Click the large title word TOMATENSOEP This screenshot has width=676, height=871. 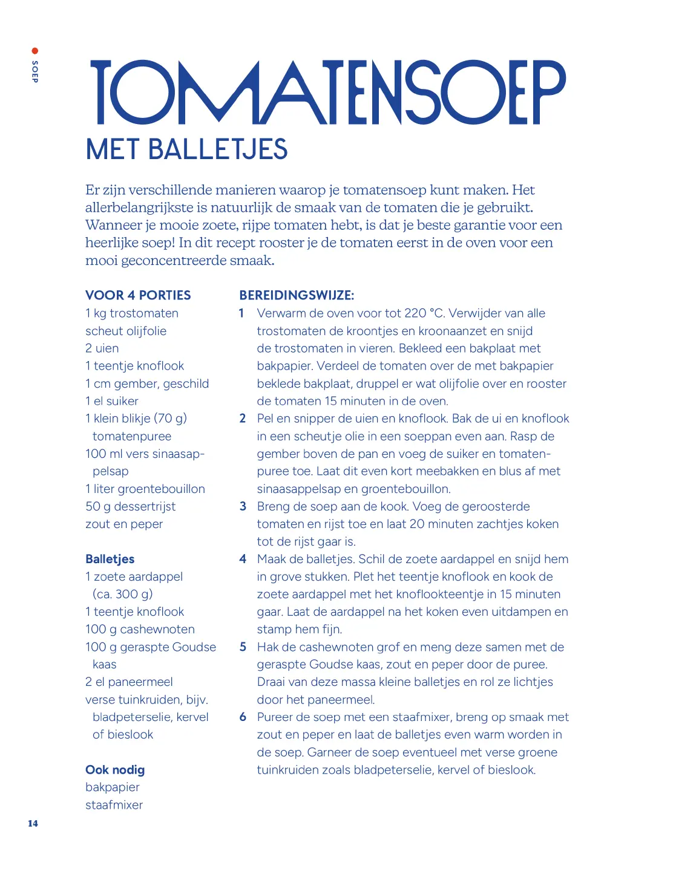[x=327, y=92]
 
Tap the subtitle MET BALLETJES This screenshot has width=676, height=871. [x=186, y=149]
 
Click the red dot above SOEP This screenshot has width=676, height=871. [x=34, y=51]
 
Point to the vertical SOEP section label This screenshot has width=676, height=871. [x=34, y=71]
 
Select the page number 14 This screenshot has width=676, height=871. [x=33, y=823]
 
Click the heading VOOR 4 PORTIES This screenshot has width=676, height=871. [x=138, y=295]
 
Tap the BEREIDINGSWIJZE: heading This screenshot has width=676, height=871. [x=297, y=295]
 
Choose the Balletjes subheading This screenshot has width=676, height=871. [x=110, y=559]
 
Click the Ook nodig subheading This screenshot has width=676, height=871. [x=115, y=769]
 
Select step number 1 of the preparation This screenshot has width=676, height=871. [x=241, y=313]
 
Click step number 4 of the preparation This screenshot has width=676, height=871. [x=243, y=559]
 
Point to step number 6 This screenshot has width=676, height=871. [x=243, y=717]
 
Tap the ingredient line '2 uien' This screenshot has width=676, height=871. [x=102, y=348]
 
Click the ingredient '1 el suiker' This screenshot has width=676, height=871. [x=112, y=401]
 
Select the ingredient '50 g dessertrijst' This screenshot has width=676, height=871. [x=131, y=506]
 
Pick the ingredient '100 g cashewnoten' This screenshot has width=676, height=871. [x=140, y=629]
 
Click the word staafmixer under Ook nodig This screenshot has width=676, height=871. [x=114, y=804]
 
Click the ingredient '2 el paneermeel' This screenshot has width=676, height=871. [x=129, y=682]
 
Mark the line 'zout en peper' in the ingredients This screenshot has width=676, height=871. [x=124, y=524]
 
